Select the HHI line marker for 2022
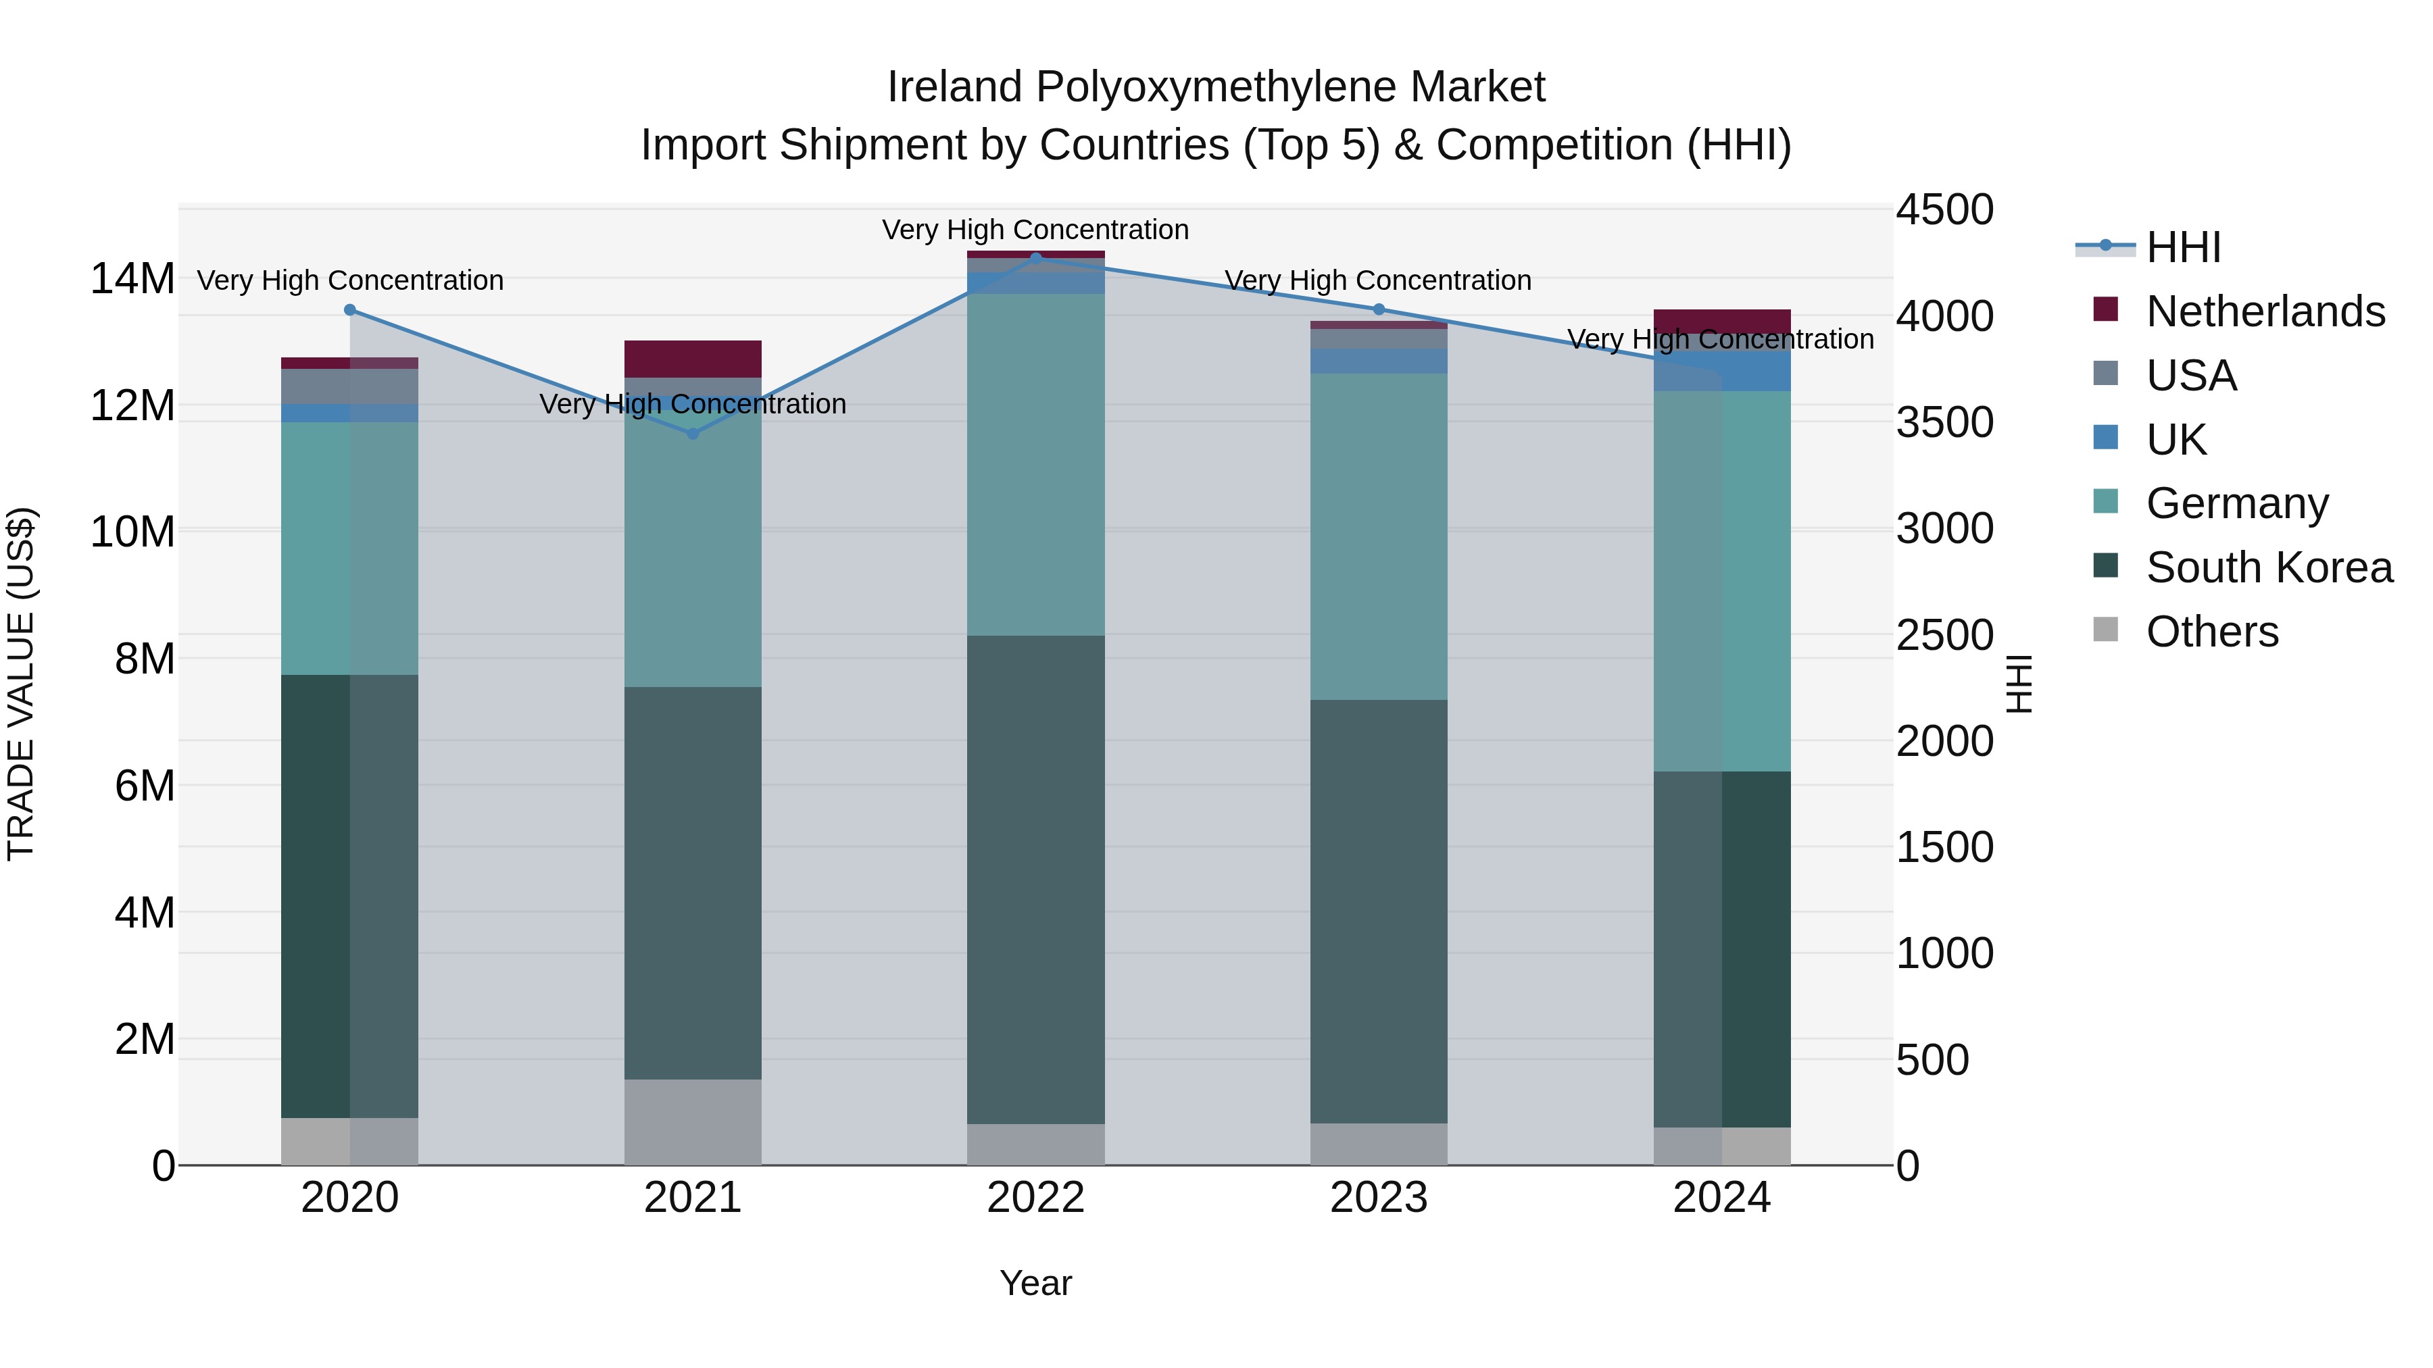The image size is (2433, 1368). [1035, 258]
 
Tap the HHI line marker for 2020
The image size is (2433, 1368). [349, 309]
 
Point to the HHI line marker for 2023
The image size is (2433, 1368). [1378, 309]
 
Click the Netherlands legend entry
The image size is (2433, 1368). [2264, 311]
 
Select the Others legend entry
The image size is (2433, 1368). [2211, 632]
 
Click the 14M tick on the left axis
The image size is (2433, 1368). [132, 280]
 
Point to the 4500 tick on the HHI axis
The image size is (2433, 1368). [1944, 209]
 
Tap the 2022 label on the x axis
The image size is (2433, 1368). [1035, 1198]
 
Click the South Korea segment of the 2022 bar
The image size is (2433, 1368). [1035, 878]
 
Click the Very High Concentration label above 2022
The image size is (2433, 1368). [1035, 230]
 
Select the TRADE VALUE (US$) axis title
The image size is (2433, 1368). [21, 684]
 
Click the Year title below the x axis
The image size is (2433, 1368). [1035, 1283]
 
